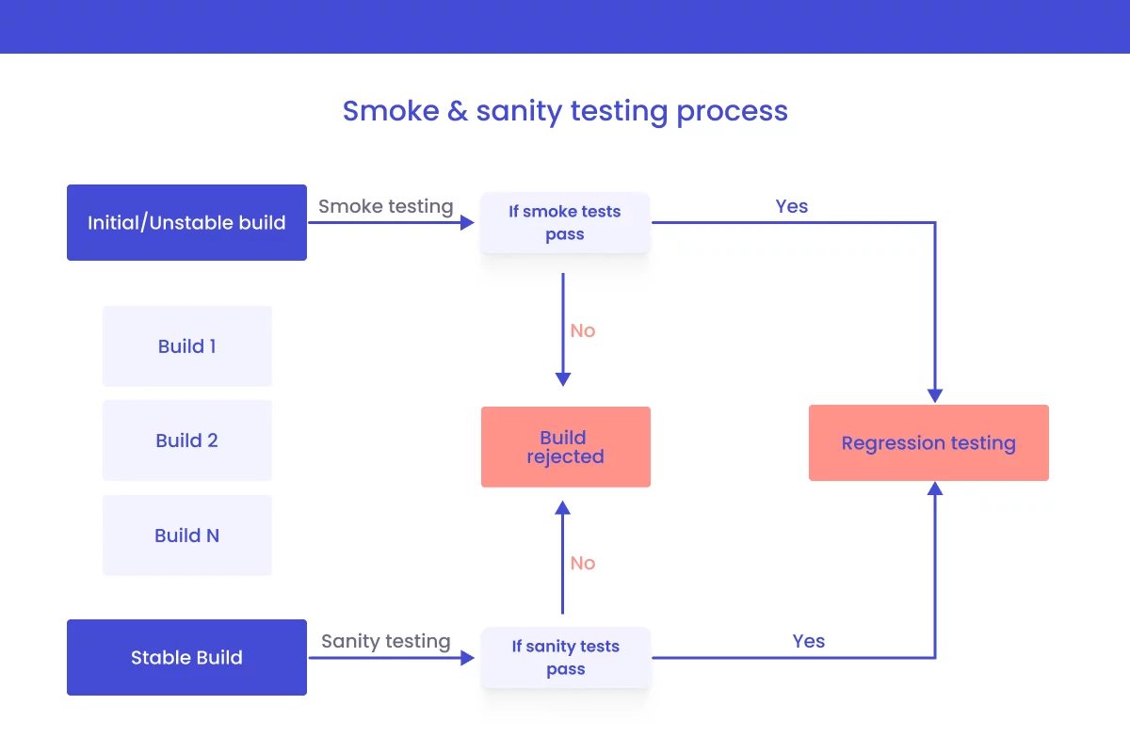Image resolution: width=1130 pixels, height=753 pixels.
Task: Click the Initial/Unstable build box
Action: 186,223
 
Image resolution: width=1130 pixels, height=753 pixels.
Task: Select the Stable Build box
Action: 186,658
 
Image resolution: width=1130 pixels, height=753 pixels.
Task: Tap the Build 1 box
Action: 186,346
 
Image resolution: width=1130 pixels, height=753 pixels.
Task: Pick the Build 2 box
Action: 186,441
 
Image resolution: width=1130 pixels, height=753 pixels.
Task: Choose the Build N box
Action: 186,536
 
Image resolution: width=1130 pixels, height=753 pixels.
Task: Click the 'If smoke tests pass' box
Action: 565,223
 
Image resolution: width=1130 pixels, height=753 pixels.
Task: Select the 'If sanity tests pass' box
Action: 565,658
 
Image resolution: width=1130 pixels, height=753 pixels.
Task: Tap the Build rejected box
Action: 565,447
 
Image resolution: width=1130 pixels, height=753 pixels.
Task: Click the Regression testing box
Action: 928,443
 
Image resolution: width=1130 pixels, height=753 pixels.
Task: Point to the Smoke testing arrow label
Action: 386,206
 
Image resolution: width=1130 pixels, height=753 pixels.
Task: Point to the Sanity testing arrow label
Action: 386,641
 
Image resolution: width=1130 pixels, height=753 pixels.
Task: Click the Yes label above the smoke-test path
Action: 792,206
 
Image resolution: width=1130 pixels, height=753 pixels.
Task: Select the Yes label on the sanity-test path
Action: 808,641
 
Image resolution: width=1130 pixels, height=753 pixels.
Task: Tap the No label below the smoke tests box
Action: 583,330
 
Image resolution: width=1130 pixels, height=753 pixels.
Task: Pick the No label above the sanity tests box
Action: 583,563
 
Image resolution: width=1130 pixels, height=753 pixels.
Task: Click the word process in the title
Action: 733,111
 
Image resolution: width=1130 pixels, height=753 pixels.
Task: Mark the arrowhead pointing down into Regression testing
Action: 935,395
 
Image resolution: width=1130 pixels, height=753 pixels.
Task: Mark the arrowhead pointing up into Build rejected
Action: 562,508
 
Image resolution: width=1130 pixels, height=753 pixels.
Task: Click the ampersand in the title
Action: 458,111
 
